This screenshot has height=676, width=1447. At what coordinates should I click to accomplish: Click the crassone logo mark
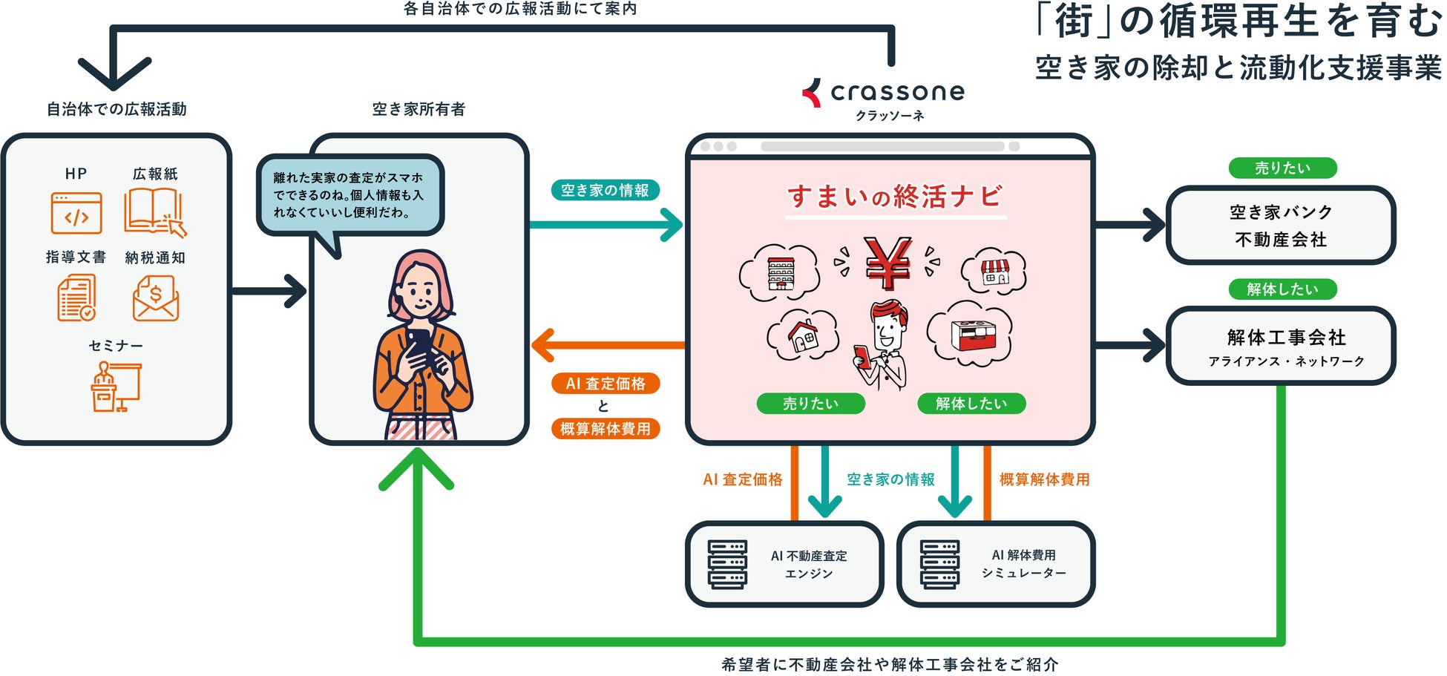[x=812, y=93]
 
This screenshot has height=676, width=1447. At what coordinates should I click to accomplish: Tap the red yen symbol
[x=887, y=263]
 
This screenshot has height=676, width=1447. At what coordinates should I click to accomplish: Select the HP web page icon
[x=76, y=213]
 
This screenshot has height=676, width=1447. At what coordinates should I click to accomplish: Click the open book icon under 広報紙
[x=154, y=211]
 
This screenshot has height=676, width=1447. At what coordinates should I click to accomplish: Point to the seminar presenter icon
[x=115, y=387]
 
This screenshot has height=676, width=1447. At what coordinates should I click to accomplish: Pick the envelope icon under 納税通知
[x=156, y=298]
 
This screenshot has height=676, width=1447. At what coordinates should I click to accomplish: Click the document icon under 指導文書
[x=76, y=298]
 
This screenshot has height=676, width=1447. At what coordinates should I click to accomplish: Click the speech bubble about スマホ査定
[x=350, y=195]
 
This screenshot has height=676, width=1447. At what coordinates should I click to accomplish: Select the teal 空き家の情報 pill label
[x=605, y=191]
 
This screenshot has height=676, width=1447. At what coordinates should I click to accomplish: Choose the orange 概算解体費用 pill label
[x=605, y=429]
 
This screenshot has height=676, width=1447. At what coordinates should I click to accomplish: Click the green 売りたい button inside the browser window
[x=810, y=404]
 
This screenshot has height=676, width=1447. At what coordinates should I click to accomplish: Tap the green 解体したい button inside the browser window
[x=971, y=404]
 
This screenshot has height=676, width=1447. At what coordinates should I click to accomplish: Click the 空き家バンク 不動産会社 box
[x=1280, y=226]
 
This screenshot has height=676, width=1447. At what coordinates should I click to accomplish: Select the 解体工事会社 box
[x=1280, y=346]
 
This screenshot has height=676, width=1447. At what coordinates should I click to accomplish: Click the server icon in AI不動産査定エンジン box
[x=727, y=565]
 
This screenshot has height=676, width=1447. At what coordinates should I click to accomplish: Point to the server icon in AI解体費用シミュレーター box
[x=939, y=565]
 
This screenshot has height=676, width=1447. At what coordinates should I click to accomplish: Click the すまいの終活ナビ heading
[x=895, y=197]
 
